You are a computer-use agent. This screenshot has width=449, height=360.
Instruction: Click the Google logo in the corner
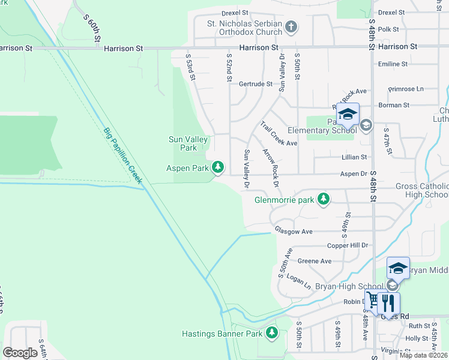[20, 353]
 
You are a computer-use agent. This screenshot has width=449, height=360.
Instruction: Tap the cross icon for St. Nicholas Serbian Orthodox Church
[291, 27]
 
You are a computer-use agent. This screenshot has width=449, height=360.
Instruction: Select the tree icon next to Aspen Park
[220, 167]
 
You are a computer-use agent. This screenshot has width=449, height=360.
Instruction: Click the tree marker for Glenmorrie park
[324, 199]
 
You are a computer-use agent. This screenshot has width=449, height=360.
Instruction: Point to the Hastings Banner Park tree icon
[273, 332]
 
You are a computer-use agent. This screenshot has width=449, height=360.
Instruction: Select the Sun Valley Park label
[188, 143]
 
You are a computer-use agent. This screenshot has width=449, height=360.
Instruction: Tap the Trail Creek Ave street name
[279, 134]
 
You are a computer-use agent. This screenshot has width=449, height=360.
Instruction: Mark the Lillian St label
[354, 157]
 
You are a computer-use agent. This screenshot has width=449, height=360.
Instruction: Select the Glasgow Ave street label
[294, 231]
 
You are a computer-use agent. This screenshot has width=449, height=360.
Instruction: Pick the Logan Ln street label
[298, 283]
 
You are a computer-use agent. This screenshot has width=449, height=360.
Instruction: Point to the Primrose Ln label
[406, 89]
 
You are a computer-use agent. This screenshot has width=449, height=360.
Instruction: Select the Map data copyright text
[423, 355]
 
